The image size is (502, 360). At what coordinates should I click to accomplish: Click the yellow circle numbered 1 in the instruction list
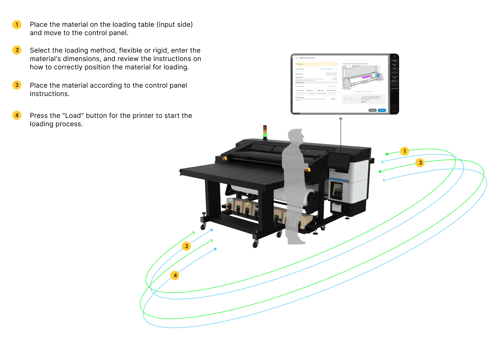17,25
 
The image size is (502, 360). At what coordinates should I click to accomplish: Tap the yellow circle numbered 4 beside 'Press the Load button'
17,115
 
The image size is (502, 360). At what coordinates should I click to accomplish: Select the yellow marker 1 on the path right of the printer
404,151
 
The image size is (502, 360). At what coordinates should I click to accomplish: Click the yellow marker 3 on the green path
420,163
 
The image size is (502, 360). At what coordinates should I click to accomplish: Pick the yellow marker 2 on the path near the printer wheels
187,246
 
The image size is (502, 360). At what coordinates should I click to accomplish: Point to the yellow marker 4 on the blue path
175,275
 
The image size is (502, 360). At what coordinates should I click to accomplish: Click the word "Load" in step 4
73,116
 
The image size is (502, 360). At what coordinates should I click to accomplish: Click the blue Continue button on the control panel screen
382,110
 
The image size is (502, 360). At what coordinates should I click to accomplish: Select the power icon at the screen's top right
394,56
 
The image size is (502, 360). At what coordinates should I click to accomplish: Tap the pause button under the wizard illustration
351,99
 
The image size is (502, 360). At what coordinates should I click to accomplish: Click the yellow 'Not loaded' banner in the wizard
316,64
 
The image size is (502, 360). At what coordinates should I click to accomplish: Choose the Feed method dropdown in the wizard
332,74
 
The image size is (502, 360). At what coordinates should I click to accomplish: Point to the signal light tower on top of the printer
265,132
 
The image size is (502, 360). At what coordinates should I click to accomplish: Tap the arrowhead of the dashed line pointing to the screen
341,119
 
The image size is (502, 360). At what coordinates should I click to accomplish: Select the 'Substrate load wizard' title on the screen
307,58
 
